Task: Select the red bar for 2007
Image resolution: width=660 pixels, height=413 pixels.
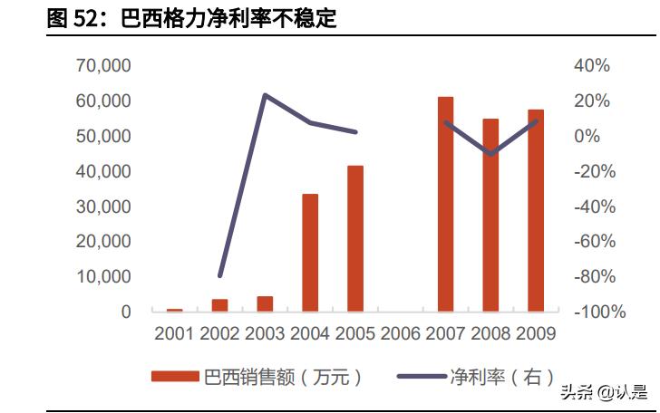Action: coord(445,204)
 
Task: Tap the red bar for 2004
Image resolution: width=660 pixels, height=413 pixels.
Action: coord(310,253)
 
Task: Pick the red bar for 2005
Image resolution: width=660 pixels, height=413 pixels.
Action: coord(355,238)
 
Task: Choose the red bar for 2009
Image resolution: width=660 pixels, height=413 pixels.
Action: coord(536,210)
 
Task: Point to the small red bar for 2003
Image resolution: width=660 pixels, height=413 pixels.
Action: coord(265,303)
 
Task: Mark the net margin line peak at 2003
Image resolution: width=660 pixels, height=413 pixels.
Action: coord(265,94)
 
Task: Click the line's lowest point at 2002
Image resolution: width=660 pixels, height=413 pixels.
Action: coord(219,275)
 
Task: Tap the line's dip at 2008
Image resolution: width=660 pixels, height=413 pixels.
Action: coord(490,154)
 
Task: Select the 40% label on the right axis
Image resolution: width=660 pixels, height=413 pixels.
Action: coord(592,65)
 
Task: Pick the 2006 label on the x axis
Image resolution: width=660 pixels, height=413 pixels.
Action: coord(400,334)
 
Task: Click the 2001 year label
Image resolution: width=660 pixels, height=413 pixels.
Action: coord(174,334)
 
